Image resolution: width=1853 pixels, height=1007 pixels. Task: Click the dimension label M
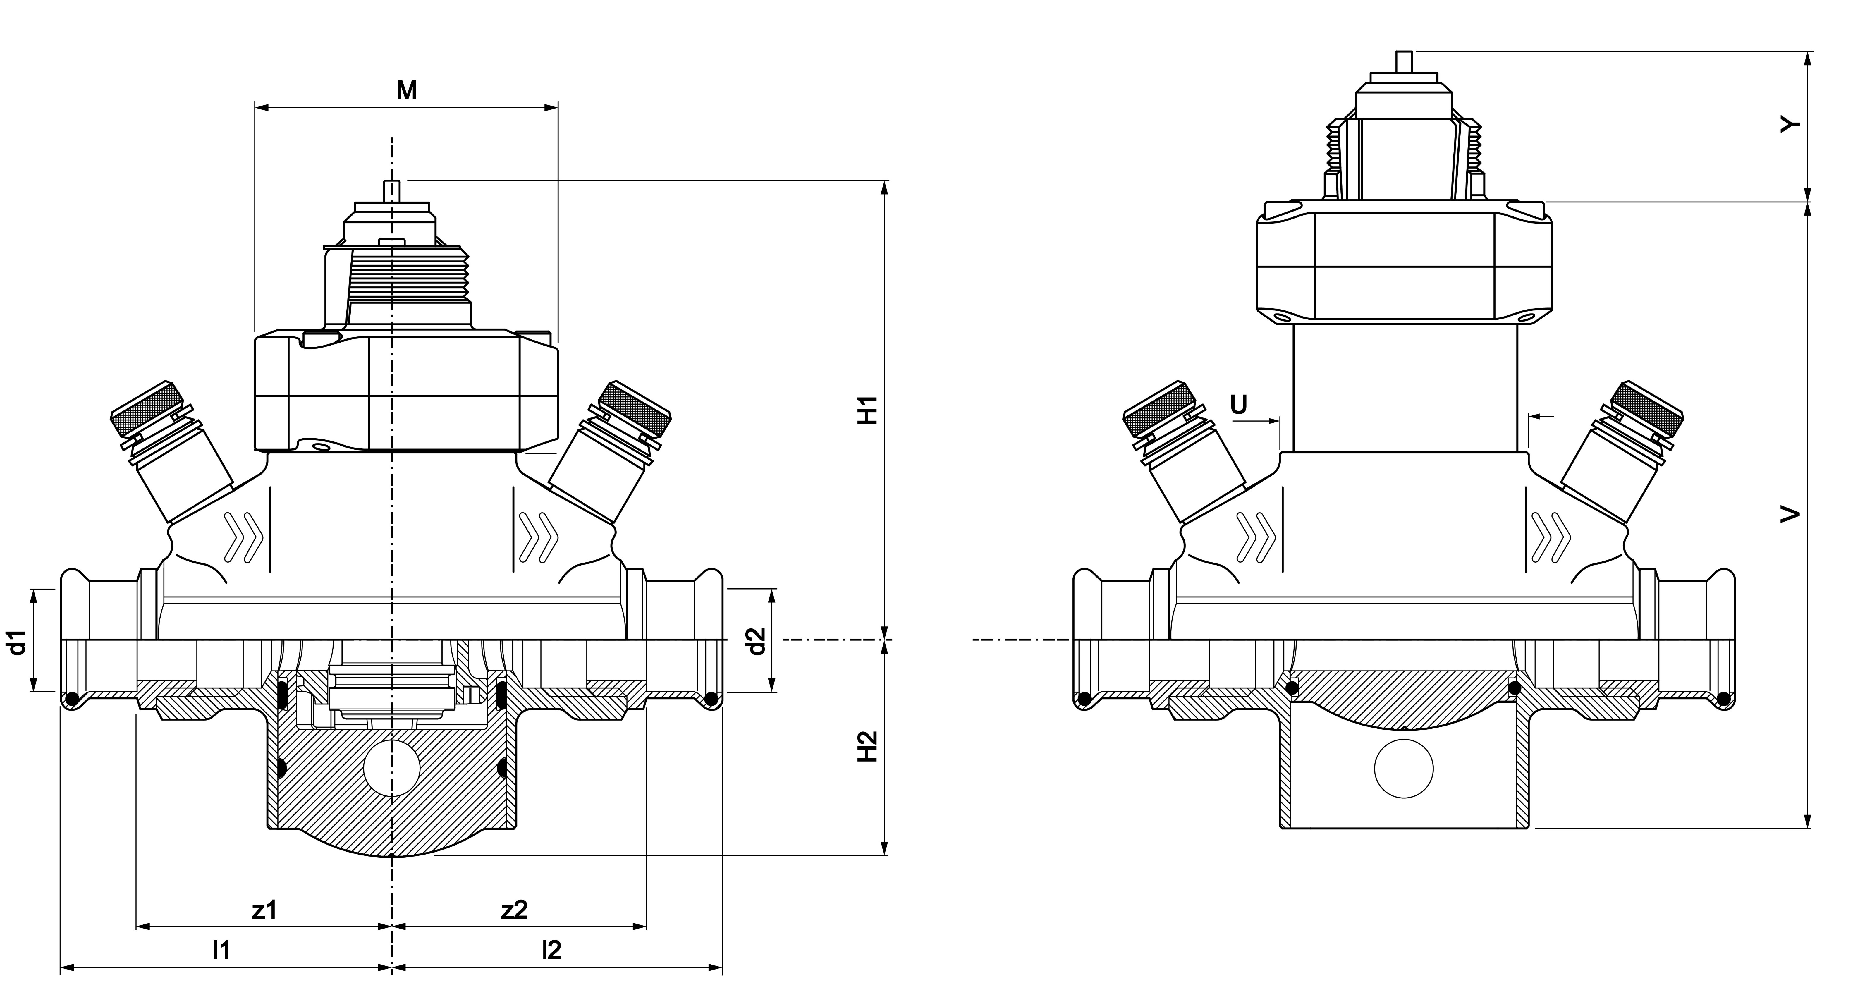[406, 91]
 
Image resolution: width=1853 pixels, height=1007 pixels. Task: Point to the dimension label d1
[18, 642]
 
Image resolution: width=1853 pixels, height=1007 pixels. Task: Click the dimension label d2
[755, 642]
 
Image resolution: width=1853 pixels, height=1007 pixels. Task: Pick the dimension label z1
[264, 910]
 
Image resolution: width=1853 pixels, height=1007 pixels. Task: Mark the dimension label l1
[221, 950]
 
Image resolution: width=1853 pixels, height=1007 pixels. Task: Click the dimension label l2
[552, 950]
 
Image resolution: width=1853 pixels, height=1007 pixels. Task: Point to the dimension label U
[1239, 405]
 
